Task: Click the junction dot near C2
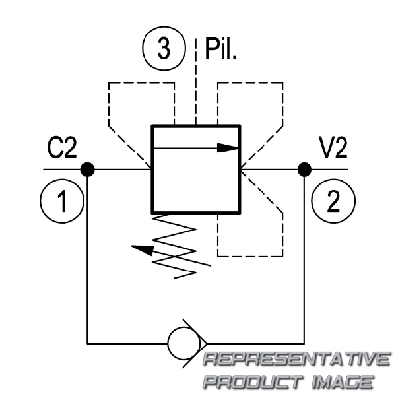pyautogui.click(x=88, y=170)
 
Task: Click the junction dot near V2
pyautogui.click(x=304, y=170)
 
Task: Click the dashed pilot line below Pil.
pyautogui.click(x=195, y=92)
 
